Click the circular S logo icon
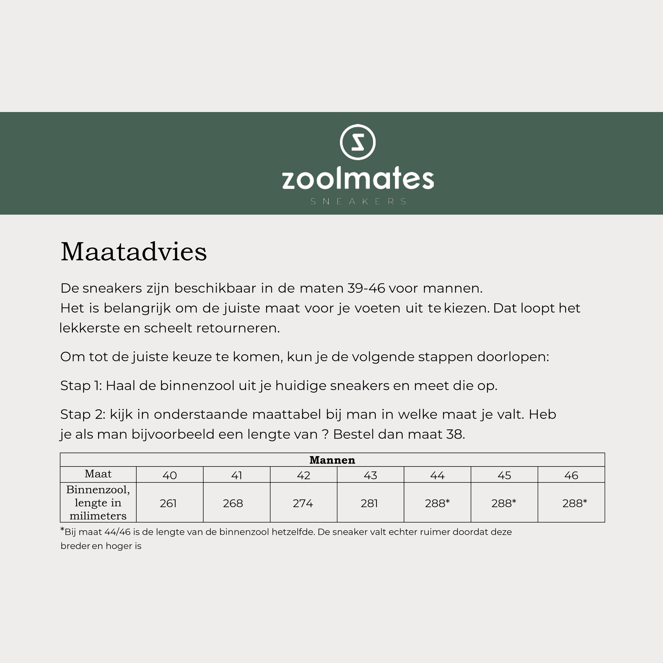click(358, 142)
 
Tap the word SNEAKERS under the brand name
click(358, 201)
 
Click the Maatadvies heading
click(134, 252)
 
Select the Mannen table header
click(332, 460)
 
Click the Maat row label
click(98, 474)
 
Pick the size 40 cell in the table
click(170, 475)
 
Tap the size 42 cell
click(303, 475)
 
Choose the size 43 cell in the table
click(370, 475)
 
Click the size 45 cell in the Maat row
click(504, 475)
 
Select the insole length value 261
click(168, 504)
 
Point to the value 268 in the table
click(233, 504)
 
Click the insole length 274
click(303, 504)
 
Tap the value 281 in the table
click(369, 504)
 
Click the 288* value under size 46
click(574, 504)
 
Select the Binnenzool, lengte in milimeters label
click(98, 503)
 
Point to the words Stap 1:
click(81, 386)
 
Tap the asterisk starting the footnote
click(62, 530)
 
